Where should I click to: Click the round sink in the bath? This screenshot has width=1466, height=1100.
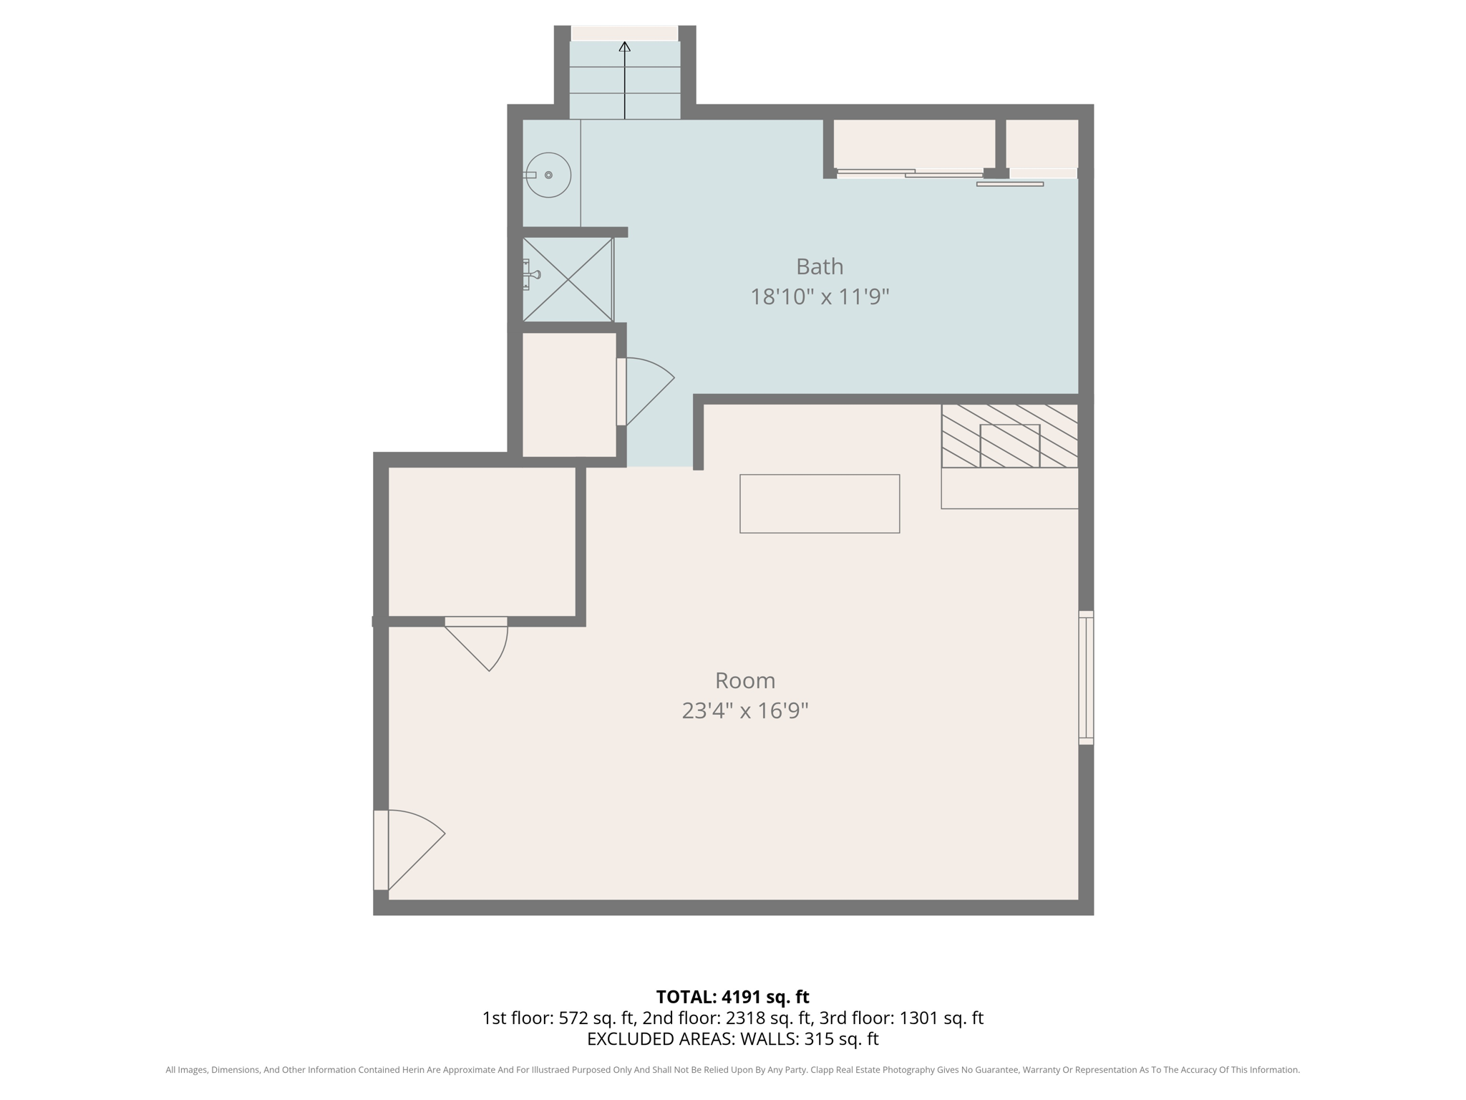click(x=548, y=175)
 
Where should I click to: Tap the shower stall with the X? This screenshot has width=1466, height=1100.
click(x=568, y=279)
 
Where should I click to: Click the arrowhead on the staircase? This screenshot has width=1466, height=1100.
click(x=625, y=47)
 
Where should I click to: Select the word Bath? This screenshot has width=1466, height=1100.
click(x=820, y=266)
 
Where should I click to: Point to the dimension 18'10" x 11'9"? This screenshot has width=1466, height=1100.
click(x=820, y=296)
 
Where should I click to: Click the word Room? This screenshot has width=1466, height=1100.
click(x=745, y=680)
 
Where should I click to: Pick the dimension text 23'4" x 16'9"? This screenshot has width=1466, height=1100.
click(x=745, y=711)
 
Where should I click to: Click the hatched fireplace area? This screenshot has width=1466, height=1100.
click(x=1009, y=436)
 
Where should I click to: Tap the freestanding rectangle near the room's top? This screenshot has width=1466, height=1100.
click(x=820, y=503)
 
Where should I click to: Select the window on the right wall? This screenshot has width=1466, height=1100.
click(x=1086, y=677)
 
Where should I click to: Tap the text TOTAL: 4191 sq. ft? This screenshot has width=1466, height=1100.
click(x=732, y=997)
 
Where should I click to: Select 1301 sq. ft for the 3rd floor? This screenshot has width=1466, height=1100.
click(x=941, y=1018)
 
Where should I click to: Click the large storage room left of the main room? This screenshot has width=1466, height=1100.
click(x=482, y=541)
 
